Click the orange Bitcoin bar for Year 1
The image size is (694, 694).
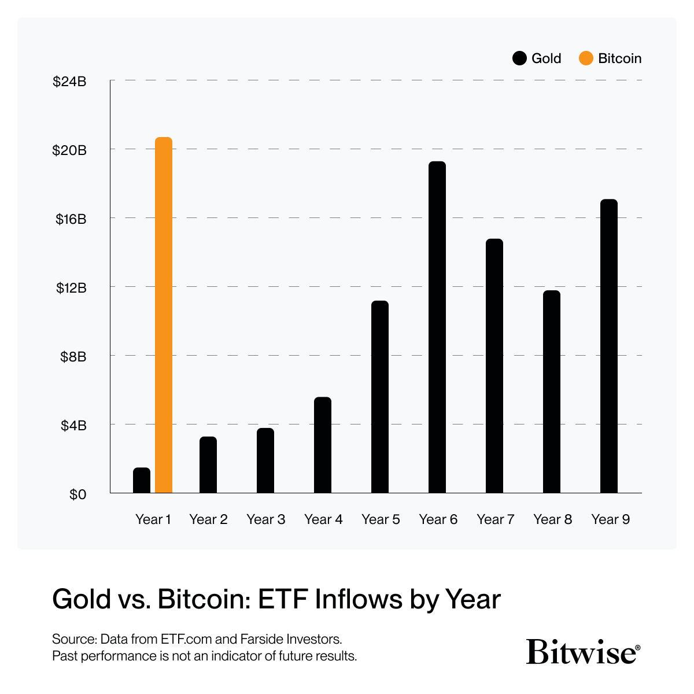pyautogui.click(x=164, y=315)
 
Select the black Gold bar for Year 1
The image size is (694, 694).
pyautogui.click(x=142, y=481)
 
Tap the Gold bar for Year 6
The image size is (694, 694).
pyautogui.click(x=437, y=327)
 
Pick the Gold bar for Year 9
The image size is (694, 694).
pyautogui.click(x=609, y=346)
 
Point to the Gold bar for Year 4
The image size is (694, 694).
pyautogui.click(x=323, y=445)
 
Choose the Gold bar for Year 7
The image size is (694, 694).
pyautogui.click(x=494, y=366)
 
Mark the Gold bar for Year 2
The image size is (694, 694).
pyautogui.click(x=208, y=465)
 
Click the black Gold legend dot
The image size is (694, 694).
pyautogui.click(x=519, y=58)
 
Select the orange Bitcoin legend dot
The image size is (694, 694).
pyautogui.click(x=586, y=58)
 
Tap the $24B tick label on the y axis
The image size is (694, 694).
pyautogui.click(x=69, y=82)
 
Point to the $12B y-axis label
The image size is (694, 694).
pyautogui.click(x=71, y=287)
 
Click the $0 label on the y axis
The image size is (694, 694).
pyautogui.click(x=77, y=494)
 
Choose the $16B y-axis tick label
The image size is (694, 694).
pyautogui.click(x=71, y=219)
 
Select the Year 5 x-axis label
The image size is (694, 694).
pyautogui.click(x=381, y=519)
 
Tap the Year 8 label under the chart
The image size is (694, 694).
pyautogui.click(x=552, y=519)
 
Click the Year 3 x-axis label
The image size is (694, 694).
pyautogui.click(x=265, y=519)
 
